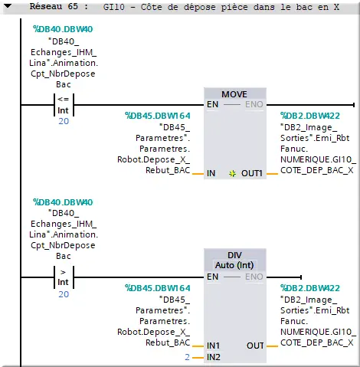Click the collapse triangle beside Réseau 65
coord(8,6)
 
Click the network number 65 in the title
coord(73,6)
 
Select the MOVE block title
coord(234,94)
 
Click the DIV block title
coord(234,255)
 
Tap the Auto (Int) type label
coord(234,265)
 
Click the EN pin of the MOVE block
coord(212,104)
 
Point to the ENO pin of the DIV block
coord(254,277)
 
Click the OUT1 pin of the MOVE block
coord(252,173)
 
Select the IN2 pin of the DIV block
coord(213,357)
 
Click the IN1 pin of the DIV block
coord(213,346)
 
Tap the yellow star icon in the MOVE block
coord(232,174)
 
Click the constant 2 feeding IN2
coord(187,357)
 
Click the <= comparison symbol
coord(64,99)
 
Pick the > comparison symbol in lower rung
coord(63,272)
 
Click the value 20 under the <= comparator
coord(64,121)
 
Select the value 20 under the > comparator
coord(64,294)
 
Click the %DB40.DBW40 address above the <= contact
coord(63,29)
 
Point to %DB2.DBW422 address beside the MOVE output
coord(310,116)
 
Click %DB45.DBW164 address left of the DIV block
coord(158,288)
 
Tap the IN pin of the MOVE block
coord(211,173)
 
